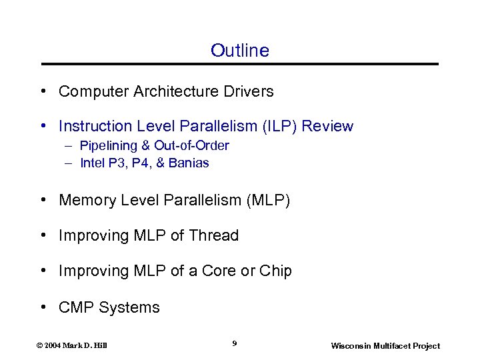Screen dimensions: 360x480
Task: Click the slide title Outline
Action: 239,51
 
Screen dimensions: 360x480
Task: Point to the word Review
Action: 329,126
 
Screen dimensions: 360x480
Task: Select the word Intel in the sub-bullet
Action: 91,163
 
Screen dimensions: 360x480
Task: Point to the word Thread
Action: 213,235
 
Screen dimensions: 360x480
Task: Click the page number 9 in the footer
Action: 235,343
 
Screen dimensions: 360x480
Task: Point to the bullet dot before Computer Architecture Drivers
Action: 43,91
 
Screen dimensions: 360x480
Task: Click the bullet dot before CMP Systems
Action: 43,307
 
